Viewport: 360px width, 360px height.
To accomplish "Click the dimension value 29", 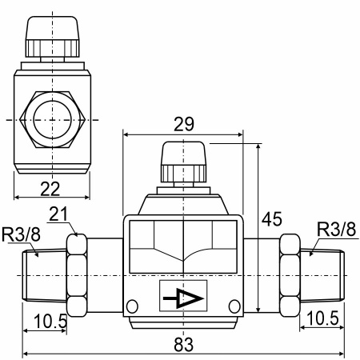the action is [184, 124].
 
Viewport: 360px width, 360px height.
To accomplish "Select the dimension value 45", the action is [272, 219].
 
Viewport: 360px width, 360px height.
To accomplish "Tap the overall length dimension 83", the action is [184, 344].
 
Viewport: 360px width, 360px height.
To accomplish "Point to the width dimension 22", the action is [50, 189].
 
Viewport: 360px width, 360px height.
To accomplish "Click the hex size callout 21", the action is [58, 214].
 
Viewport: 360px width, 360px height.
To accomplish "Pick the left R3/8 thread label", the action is [21, 234].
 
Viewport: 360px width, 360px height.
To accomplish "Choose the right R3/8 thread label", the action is [336, 229].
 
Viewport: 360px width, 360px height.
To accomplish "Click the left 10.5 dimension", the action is [50, 321].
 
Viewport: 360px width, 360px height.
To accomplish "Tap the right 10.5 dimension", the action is [323, 318].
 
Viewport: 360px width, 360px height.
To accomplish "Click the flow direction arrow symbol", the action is [183, 298].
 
